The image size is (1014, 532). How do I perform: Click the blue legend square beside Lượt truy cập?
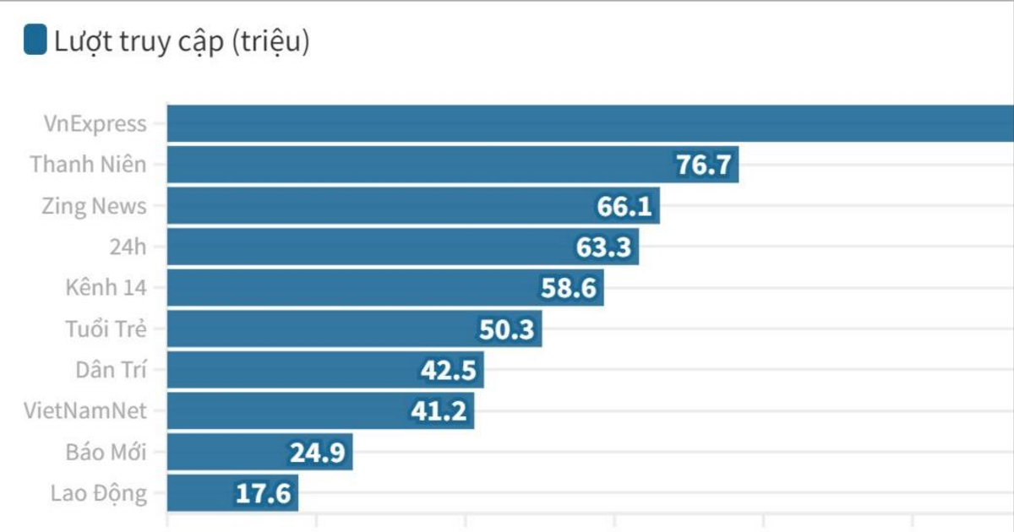click(x=35, y=41)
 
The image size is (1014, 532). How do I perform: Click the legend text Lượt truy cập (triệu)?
click(x=182, y=41)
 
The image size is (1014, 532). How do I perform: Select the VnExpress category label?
click(x=95, y=124)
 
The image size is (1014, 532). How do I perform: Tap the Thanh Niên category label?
click(x=88, y=165)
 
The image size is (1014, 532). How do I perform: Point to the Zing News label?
click(x=94, y=206)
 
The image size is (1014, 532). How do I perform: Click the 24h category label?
click(x=128, y=247)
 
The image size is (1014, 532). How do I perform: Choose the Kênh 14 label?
click(x=106, y=288)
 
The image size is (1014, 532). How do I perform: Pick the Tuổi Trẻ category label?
click(x=106, y=329)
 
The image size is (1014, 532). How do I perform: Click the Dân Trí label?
click(x=111, y=370)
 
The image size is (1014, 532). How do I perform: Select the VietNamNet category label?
click(x=86, y=411)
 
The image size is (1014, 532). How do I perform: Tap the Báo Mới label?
click(x=106, y=453)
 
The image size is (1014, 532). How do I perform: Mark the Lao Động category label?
click(x=98, y=493)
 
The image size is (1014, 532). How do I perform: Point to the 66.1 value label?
click(x=624, y=206)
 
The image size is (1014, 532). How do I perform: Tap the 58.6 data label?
click(x=569, y=289)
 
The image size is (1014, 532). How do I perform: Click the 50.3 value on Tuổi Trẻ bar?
click(x=506, y=329)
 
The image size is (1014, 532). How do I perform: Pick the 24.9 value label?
click(x=317, y=453)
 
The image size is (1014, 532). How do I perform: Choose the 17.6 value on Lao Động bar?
click(x=263, y=494)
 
